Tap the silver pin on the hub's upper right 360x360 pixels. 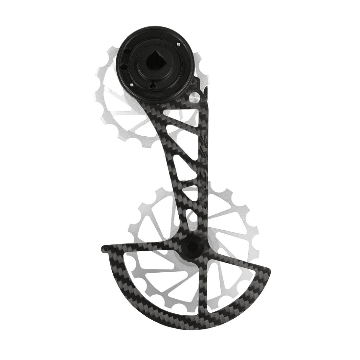tap(178, 44)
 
